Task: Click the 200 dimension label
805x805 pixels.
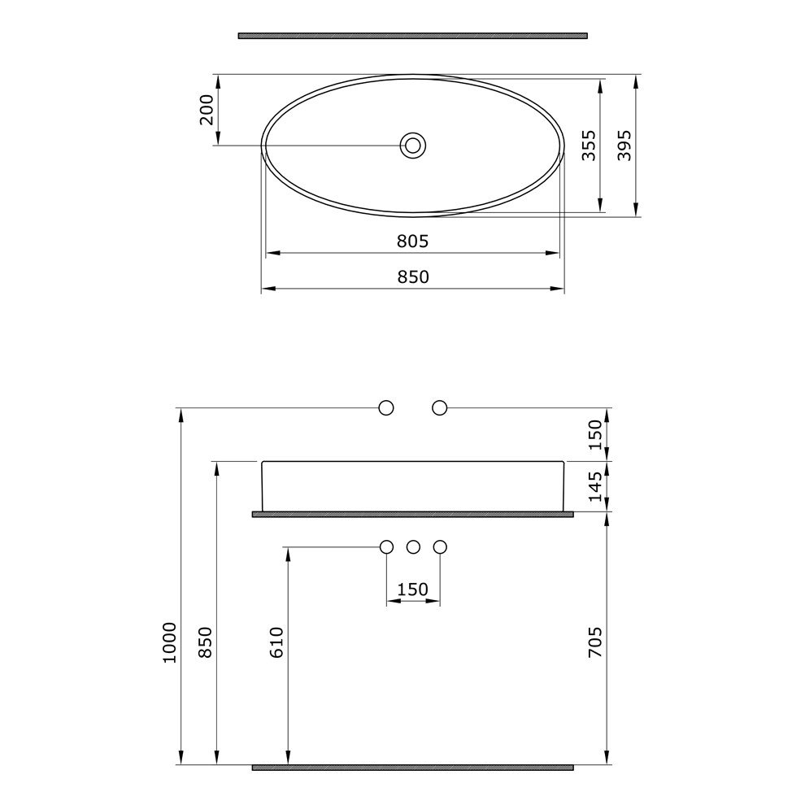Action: [x=207, y=110]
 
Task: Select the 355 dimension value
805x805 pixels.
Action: [x=589, y=146]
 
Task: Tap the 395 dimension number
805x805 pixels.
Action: [x=624, y=146]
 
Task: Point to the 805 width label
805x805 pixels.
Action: [x=412, y=241]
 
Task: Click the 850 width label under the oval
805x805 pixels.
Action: [x=413, y=276]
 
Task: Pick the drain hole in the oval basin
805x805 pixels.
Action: [x=413, y=146]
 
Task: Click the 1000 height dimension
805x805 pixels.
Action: [x=169, y=642]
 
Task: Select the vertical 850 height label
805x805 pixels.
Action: [x=206, y=642]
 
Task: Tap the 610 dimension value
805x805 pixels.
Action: [x=276, y=642]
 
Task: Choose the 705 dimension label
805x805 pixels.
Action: [x=595, y=642]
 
